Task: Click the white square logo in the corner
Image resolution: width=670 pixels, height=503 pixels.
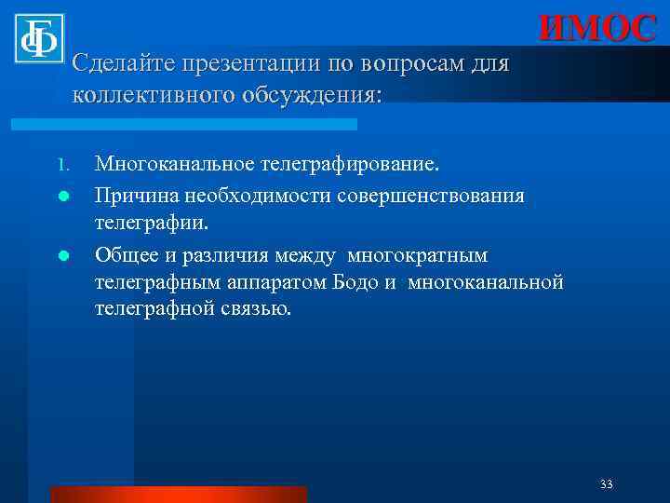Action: point(38,38)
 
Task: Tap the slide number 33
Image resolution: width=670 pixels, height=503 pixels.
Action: point(607,484)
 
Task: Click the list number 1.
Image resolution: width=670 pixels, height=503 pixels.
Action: point(61,168)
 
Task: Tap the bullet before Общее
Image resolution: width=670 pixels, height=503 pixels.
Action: point(61,256)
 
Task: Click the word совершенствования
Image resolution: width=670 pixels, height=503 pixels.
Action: point(431,196)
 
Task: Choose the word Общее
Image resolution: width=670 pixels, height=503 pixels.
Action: point(126,254)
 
